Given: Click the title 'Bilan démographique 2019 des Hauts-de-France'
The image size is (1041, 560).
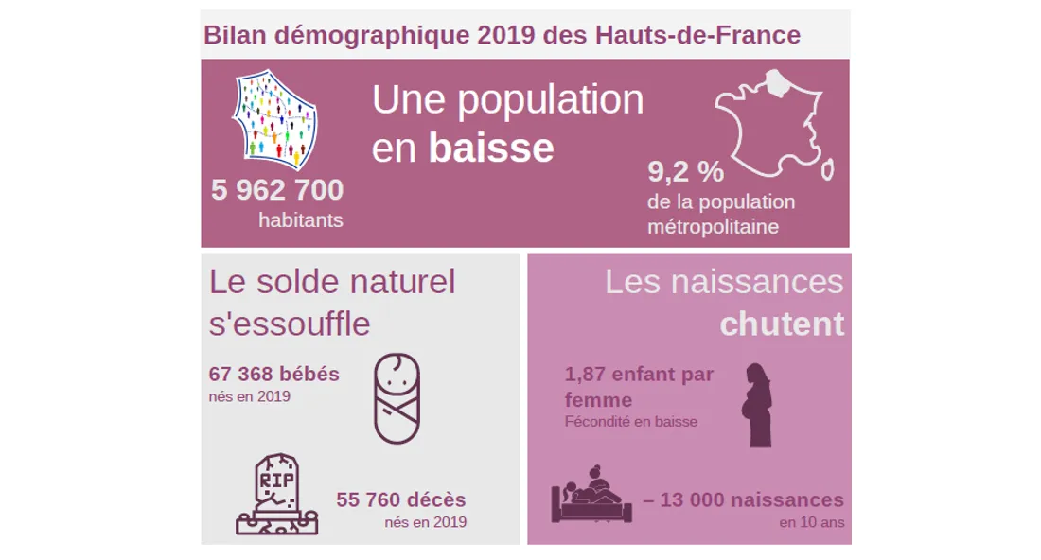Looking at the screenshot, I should point(502,36).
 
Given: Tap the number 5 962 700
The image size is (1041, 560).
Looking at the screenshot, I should point(277,190).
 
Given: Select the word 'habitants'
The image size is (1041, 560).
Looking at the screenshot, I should point(301,220).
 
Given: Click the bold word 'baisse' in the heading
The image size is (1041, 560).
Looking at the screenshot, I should point(491,148).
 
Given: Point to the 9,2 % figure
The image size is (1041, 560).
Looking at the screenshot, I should point(685,172).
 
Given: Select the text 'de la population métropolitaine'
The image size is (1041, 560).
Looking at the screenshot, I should point(721,215).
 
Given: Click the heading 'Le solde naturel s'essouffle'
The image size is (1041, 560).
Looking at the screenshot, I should point(331,302).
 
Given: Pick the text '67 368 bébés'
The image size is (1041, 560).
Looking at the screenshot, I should point(273,374).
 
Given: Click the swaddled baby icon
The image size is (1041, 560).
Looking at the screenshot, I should point(397,398).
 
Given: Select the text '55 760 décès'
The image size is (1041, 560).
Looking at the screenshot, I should point(401,499).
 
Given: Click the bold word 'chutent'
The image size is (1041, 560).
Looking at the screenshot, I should point(782,324).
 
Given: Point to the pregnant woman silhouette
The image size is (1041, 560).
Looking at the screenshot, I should point(757,405).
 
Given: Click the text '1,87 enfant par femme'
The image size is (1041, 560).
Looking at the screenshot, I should point(639,386).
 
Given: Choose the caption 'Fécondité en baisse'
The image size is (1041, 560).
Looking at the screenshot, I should point(630,422).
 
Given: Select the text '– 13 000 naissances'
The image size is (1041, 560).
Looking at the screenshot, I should point(743,499).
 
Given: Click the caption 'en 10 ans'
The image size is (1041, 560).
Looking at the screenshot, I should point(812,522).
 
